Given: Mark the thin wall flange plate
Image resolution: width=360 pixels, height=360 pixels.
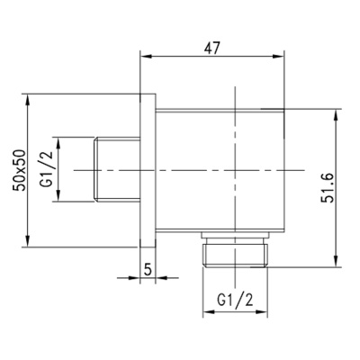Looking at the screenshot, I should click(149, 169).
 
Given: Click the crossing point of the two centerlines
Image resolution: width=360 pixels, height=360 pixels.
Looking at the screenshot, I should click(233, 169).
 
